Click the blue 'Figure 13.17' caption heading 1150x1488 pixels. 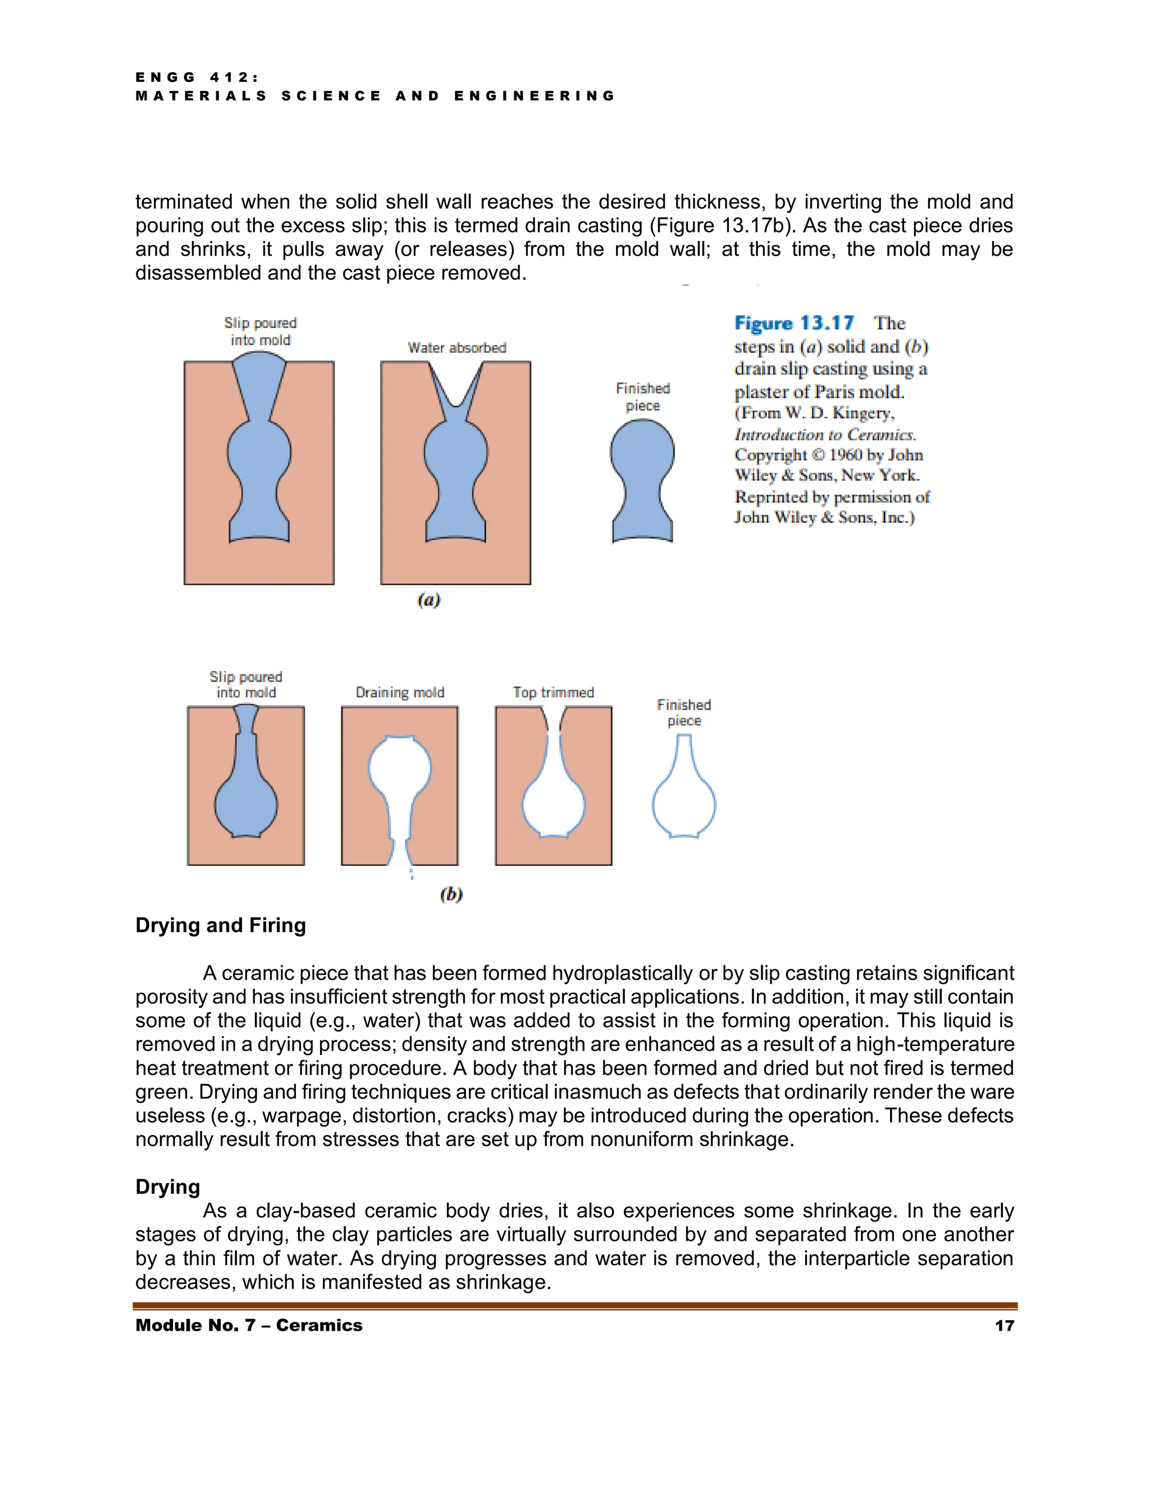click(x=793, y=323)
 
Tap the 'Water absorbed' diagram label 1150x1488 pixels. click(x=457, y=348)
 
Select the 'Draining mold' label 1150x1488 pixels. click(x=400, y=692)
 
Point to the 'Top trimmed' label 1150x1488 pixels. click(x=553, y=692)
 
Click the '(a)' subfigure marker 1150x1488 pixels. click(x=428, y=600)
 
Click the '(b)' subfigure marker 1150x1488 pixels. click(x=451, y=894)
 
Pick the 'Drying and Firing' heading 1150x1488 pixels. click(x=220, y=925)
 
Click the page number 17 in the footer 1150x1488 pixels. click(x=1004, y=1325)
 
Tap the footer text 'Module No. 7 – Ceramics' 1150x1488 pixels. click(x=249, y=1325)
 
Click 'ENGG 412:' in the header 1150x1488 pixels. click(x=197, y=77)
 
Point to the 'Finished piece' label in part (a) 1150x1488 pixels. click(x=642, y=396)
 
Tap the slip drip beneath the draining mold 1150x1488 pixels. click(x=411, y=872)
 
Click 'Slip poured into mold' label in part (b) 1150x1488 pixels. click(x=246, y=684)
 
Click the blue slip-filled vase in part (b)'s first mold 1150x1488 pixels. click(x=246, y=797)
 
